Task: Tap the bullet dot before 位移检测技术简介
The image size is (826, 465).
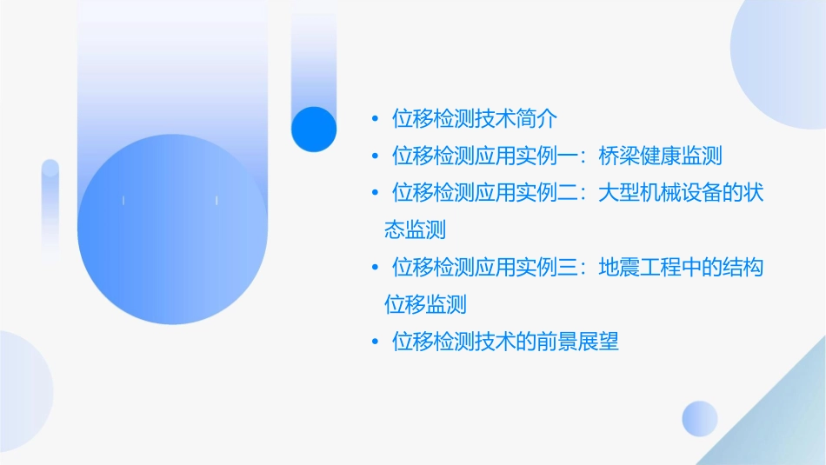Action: pos(374,119)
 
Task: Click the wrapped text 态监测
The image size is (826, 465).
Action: pos(415,229)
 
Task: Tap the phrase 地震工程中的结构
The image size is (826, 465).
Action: pos(682,268)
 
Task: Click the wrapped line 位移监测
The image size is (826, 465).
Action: pos(425,304)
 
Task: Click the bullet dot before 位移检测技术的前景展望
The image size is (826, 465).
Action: pos(374,342)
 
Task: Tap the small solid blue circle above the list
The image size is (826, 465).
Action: pos(314,129)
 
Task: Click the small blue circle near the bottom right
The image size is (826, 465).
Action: pos(700,418)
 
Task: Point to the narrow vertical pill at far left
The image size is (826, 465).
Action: pos(50,204)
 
